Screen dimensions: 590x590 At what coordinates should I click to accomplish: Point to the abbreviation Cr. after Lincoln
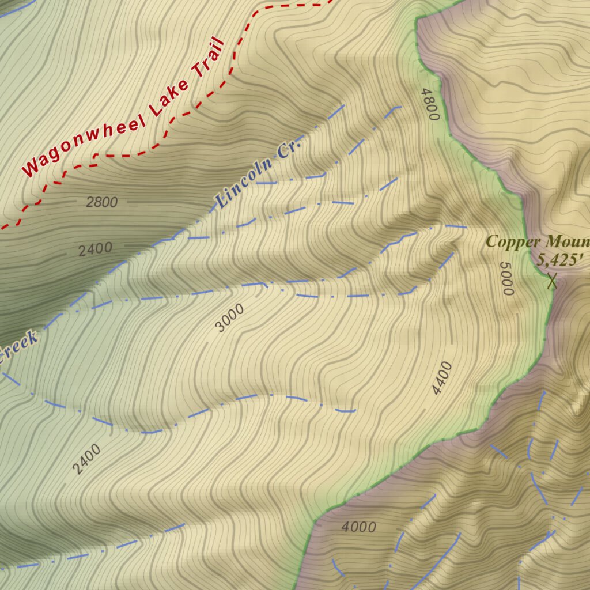coord(289,147)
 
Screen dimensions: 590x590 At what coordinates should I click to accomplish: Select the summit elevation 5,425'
coord(557,260)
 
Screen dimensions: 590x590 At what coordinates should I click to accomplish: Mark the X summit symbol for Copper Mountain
coord(552,281)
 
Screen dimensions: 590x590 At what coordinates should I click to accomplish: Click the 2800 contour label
coord(101,202)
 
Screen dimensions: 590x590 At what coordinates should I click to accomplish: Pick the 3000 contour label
coord(229,318)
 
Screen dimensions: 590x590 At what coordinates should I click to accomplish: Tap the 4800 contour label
coord(430,104)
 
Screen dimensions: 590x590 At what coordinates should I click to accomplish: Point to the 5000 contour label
coord(506,279)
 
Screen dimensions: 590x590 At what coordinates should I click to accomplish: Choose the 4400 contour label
coord(442,378)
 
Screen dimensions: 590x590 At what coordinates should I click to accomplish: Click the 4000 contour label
coord(358,527)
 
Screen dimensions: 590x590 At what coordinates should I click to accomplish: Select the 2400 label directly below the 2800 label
coord(95,249)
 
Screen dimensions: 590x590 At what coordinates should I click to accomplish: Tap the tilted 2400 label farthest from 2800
coord(87,459)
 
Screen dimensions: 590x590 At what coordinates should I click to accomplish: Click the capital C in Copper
coord(491,241)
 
